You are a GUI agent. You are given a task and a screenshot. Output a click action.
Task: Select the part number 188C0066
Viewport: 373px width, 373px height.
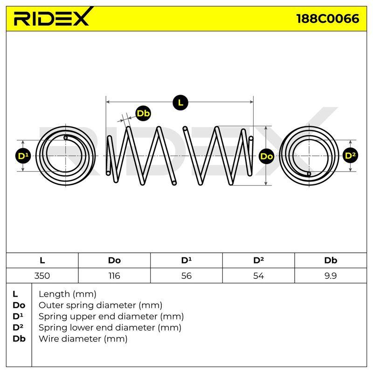(328, 19)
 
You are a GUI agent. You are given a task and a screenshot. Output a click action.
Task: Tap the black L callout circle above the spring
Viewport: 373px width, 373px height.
(180, 103)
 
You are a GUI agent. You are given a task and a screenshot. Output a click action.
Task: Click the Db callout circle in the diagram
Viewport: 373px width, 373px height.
(143, 113)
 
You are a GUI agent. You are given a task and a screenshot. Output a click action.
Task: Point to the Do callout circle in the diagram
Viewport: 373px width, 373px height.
(266, 156)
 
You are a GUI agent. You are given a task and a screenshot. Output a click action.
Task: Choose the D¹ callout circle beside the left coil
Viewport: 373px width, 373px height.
(23, 156)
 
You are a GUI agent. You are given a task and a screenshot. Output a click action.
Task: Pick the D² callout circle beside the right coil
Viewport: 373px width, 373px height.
(350, 156)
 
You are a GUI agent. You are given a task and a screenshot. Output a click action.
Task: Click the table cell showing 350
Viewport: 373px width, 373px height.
(42, 276)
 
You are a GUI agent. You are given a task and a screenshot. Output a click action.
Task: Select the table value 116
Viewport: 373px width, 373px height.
(114, 276)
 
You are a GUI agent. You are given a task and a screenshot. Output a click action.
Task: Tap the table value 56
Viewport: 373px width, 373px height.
(186, 276)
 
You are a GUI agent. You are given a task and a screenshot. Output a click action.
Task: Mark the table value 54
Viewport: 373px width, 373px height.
(258, 276)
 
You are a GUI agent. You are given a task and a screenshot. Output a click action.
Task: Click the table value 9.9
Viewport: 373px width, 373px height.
(331, 276)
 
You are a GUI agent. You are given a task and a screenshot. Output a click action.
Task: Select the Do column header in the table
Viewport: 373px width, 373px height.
(114, 260)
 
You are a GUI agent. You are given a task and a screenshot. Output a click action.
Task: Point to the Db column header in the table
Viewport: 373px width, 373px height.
(331, 260)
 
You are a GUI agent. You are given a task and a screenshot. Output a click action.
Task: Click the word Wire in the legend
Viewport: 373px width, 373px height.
(49, 338)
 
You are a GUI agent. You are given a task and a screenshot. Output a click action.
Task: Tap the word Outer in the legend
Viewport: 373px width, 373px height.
(51, 305)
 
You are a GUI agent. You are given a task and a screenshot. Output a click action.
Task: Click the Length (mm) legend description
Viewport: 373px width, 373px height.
(68, 294)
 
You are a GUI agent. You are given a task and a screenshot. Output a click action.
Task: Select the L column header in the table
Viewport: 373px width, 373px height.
(42, 260)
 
